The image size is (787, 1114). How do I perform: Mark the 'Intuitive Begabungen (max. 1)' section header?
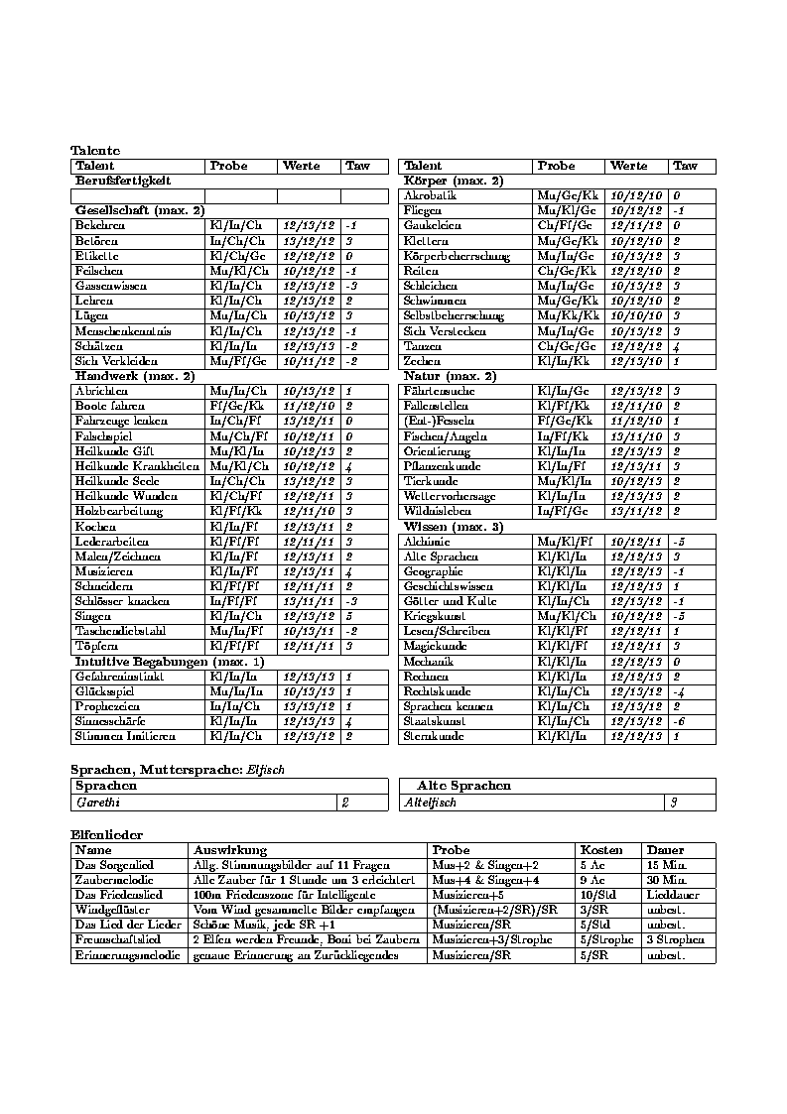coord(156,661)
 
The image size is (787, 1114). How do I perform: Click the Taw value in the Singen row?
coord(349,616)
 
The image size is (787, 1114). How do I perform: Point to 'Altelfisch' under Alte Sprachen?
coord(430,802)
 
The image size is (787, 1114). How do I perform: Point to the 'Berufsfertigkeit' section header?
coord(124,181)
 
